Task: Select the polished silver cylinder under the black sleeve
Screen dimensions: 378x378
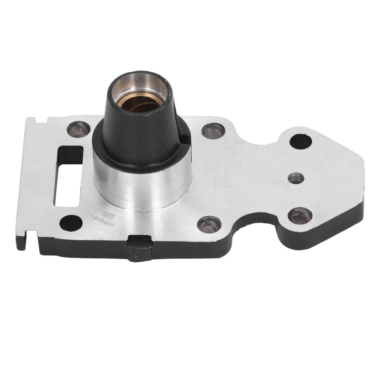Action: point(142,188)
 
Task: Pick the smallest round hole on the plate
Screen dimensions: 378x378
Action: point(296,178)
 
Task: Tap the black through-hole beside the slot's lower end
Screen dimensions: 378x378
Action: point(71,223)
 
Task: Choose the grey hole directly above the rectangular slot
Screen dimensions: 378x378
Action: point(78,129)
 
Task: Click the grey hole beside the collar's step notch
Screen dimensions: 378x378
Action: point(213,131)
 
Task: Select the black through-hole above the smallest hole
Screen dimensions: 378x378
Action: point(300,141)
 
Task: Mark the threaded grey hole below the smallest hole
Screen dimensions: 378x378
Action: point(300,216)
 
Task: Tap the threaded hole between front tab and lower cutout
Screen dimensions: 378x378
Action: point(209,224)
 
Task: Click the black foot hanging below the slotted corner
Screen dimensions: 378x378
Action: point(21,242)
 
